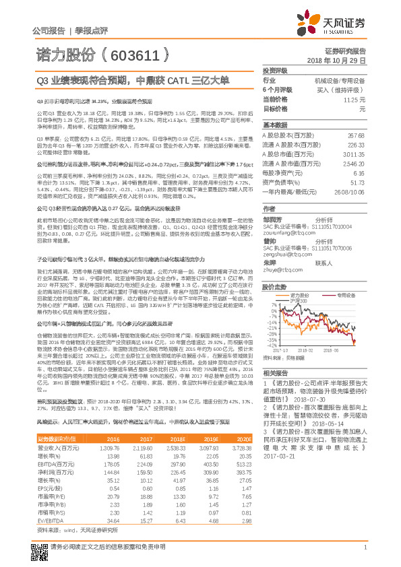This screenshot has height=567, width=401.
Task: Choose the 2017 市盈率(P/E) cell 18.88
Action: [140, 477]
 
